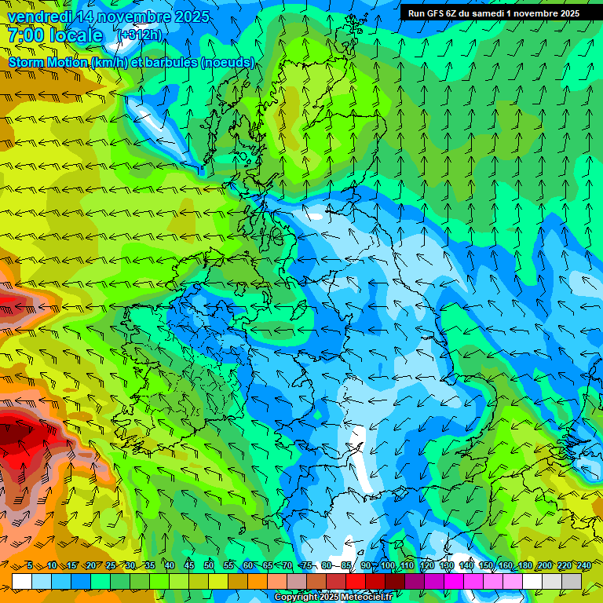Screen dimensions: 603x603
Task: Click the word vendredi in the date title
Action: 39,16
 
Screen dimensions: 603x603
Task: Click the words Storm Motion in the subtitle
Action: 48,63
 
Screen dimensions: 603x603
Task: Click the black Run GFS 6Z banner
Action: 493,13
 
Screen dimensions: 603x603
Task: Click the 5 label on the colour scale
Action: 29,566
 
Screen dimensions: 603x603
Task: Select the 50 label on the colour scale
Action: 209,566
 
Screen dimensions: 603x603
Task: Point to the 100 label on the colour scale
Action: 388,566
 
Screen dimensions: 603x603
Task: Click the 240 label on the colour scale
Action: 583,566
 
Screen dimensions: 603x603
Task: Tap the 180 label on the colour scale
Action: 524,566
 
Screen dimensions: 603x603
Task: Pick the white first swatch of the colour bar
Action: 22,581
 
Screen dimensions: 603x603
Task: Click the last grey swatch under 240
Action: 572,581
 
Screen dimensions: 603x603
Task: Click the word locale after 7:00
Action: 76,35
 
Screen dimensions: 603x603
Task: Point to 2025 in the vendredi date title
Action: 191,16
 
